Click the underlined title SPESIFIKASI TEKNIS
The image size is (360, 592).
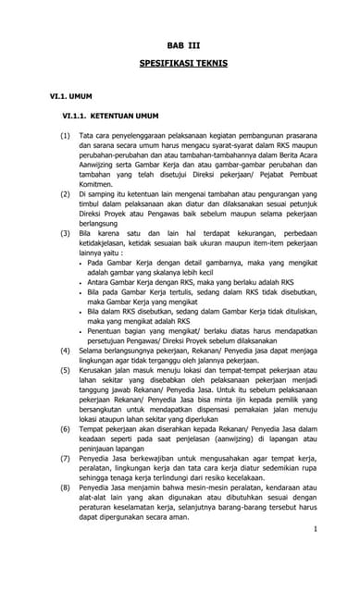click(180, 68)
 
